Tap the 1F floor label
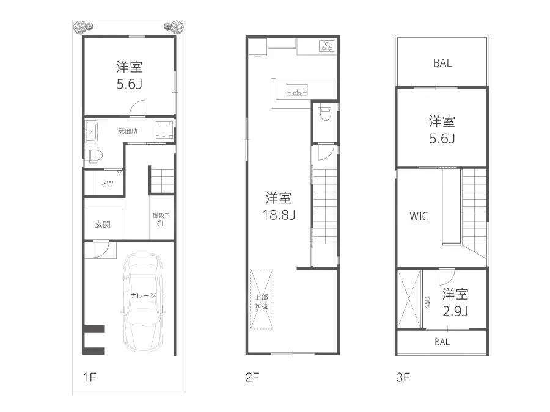coord(90,377)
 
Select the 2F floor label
coord(253,377)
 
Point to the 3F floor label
coord(403,377)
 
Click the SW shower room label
coord(108,183)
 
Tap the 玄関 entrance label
coord(103,224)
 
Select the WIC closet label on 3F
coord(419,215)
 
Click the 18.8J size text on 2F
coord(278,215)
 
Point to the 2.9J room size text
coord(455,311)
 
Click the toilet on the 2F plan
coord(325,114)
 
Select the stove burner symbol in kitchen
coord(326,45)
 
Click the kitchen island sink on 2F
coord(298,91)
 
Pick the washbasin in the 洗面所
coord(91,129)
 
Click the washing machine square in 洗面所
coord(164,129)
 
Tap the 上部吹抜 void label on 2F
coord(261,302)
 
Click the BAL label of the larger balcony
coord(442,63)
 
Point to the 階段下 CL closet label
coord(161,220)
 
